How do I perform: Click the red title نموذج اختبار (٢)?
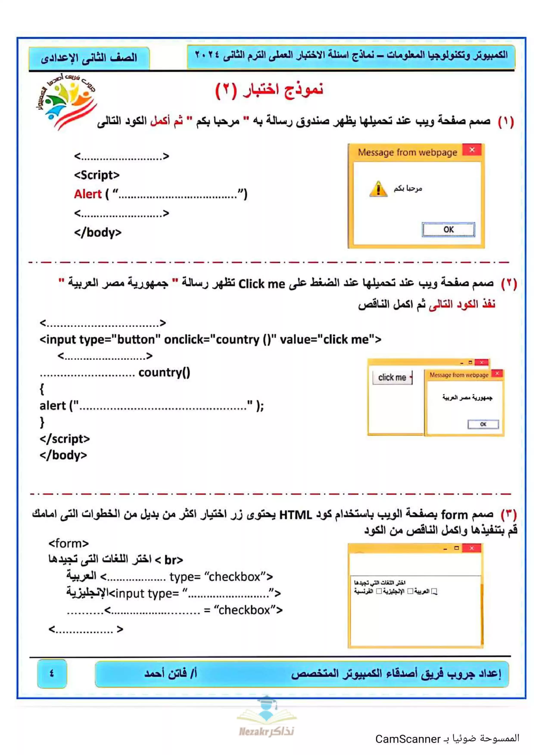point(269,90)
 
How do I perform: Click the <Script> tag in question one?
point(97,175)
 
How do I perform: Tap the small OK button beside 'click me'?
point(483,424)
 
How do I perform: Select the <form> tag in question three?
point(69,543)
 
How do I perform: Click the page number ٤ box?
point(52,673)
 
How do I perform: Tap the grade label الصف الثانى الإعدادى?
point(89,58)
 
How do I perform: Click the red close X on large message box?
point(472,150)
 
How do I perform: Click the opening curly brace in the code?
point(42,389)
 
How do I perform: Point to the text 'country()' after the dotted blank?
point(164,372)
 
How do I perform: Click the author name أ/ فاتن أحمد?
point(170,673)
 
